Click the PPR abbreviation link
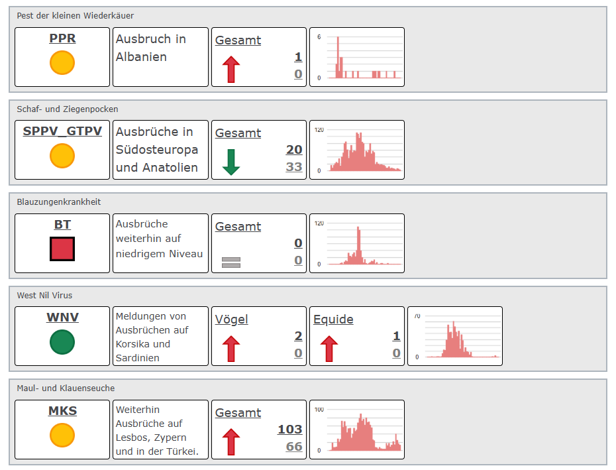point(62,38)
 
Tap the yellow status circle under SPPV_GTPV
point(62,156)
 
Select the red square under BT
point(62,249)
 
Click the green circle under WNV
point(62,342)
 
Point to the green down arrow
point(231,162)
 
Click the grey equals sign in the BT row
point(231,263)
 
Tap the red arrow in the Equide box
point(329,349)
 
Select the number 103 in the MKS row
point(290,429)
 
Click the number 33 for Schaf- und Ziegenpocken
point(294,167)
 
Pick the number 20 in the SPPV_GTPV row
point(294,149)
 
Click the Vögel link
point(231,320)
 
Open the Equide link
point(333,320)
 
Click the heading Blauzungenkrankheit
point(58,202)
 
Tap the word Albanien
point(141,56)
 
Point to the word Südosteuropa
point(157,149)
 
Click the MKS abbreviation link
point(62,410)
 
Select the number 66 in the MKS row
point(294,446)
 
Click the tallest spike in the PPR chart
point(338,57)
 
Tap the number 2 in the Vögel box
point(298,336)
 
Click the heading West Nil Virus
point(44,295)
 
